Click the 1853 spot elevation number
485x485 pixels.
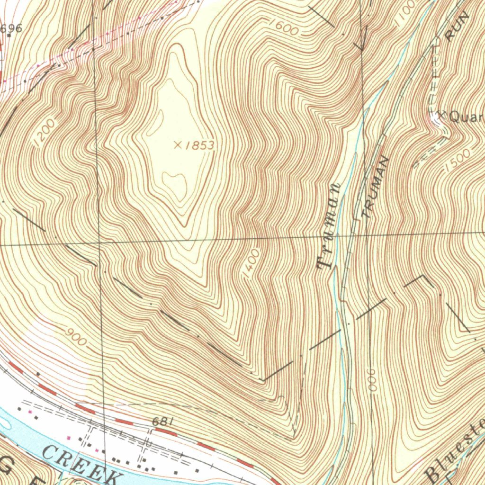point(199,145)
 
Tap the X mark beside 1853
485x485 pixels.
point(178,145)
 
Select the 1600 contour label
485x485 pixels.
point(284,28)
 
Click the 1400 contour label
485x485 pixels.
point(251,262)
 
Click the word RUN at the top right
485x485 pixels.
point(458,27)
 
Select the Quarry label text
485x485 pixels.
point(467,117)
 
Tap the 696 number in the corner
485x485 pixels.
point(11,28)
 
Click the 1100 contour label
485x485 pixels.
point(404,12)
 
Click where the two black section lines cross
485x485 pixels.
point(99,242)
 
